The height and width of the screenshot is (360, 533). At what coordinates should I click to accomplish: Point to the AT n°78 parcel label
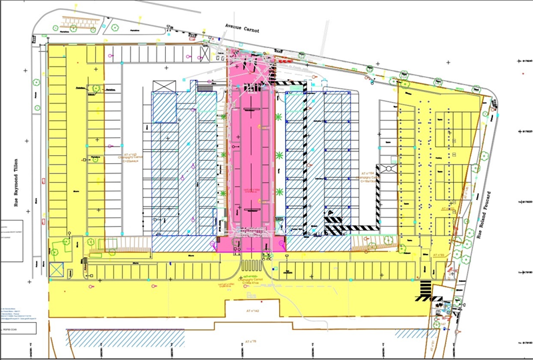252,341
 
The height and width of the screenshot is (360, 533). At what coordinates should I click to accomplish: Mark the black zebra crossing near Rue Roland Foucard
425,288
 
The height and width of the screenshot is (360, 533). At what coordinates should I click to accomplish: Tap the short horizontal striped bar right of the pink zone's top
291,83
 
